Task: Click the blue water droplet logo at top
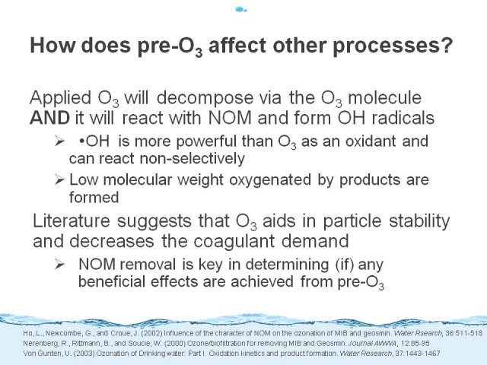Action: (241, 10)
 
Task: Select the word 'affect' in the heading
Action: (237, 45)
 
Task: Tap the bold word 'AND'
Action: (49, 118)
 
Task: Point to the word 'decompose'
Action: (205, 98)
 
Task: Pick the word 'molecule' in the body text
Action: (385, 98)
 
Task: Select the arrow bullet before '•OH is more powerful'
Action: (59, 141)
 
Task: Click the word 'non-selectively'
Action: (193, 159)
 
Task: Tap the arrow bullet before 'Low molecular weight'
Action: (59, 179)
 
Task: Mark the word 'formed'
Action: (94, 198)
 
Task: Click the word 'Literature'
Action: (72, 221)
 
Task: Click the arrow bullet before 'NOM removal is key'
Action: (59, 265)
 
